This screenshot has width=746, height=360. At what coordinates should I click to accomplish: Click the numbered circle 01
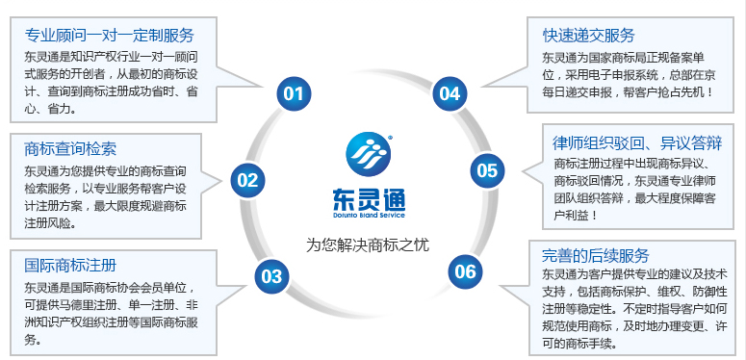click(x=293, y=93)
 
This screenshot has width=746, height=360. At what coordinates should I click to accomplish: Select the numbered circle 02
click(x=247, y=178)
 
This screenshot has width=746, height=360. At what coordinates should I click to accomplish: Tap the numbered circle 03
click(x=271, y=277)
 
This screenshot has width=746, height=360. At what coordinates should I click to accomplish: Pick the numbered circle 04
click(x=449, y=93)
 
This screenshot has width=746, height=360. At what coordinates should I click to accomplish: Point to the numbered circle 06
click(x=465, y=271)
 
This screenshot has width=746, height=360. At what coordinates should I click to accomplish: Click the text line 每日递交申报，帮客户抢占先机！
click(x=628, y=92)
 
